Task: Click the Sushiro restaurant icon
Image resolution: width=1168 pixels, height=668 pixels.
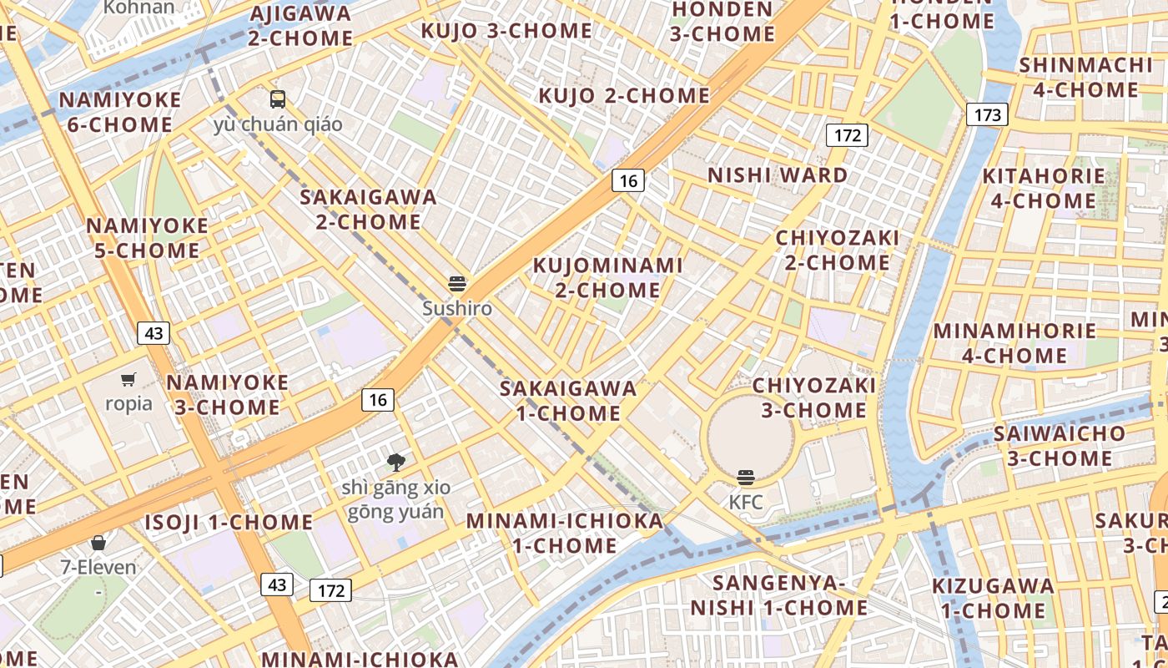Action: coord(456,284)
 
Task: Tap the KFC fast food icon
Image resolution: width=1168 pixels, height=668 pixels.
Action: coord(746,478)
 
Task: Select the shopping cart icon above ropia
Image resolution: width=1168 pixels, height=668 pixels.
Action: coord(128,381)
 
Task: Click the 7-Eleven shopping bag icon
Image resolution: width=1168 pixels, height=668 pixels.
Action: coord(98,544)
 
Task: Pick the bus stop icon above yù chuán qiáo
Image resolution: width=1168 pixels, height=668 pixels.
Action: coord(278,100)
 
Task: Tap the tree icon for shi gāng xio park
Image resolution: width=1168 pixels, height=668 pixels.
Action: coord(396,462)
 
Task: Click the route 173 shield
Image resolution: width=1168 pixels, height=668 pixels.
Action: coord(987,114)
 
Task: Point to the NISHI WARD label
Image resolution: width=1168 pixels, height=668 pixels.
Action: coord(778,175)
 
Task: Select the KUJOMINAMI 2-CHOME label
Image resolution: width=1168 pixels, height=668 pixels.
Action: coord(608,278)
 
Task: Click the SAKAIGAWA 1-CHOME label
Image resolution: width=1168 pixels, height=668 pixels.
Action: coord(568,401)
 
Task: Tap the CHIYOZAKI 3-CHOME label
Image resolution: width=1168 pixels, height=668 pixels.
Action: coord(814,398)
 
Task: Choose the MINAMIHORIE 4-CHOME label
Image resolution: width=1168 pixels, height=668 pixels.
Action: coord(1014,343)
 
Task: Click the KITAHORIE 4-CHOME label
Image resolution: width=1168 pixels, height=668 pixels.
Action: coord(1044,189)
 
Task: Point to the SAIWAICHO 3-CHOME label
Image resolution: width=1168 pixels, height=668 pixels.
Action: coord(1060,446)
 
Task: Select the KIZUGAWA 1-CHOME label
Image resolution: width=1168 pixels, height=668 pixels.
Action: coord(993,598)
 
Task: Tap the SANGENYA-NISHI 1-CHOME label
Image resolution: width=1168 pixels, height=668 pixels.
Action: coord(779,595)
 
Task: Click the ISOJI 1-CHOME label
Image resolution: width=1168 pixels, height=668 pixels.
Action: coord(229,524)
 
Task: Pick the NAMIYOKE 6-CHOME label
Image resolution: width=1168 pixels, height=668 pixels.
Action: coord(120,113)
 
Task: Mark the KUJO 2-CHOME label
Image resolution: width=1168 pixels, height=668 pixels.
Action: coord(624,96)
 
